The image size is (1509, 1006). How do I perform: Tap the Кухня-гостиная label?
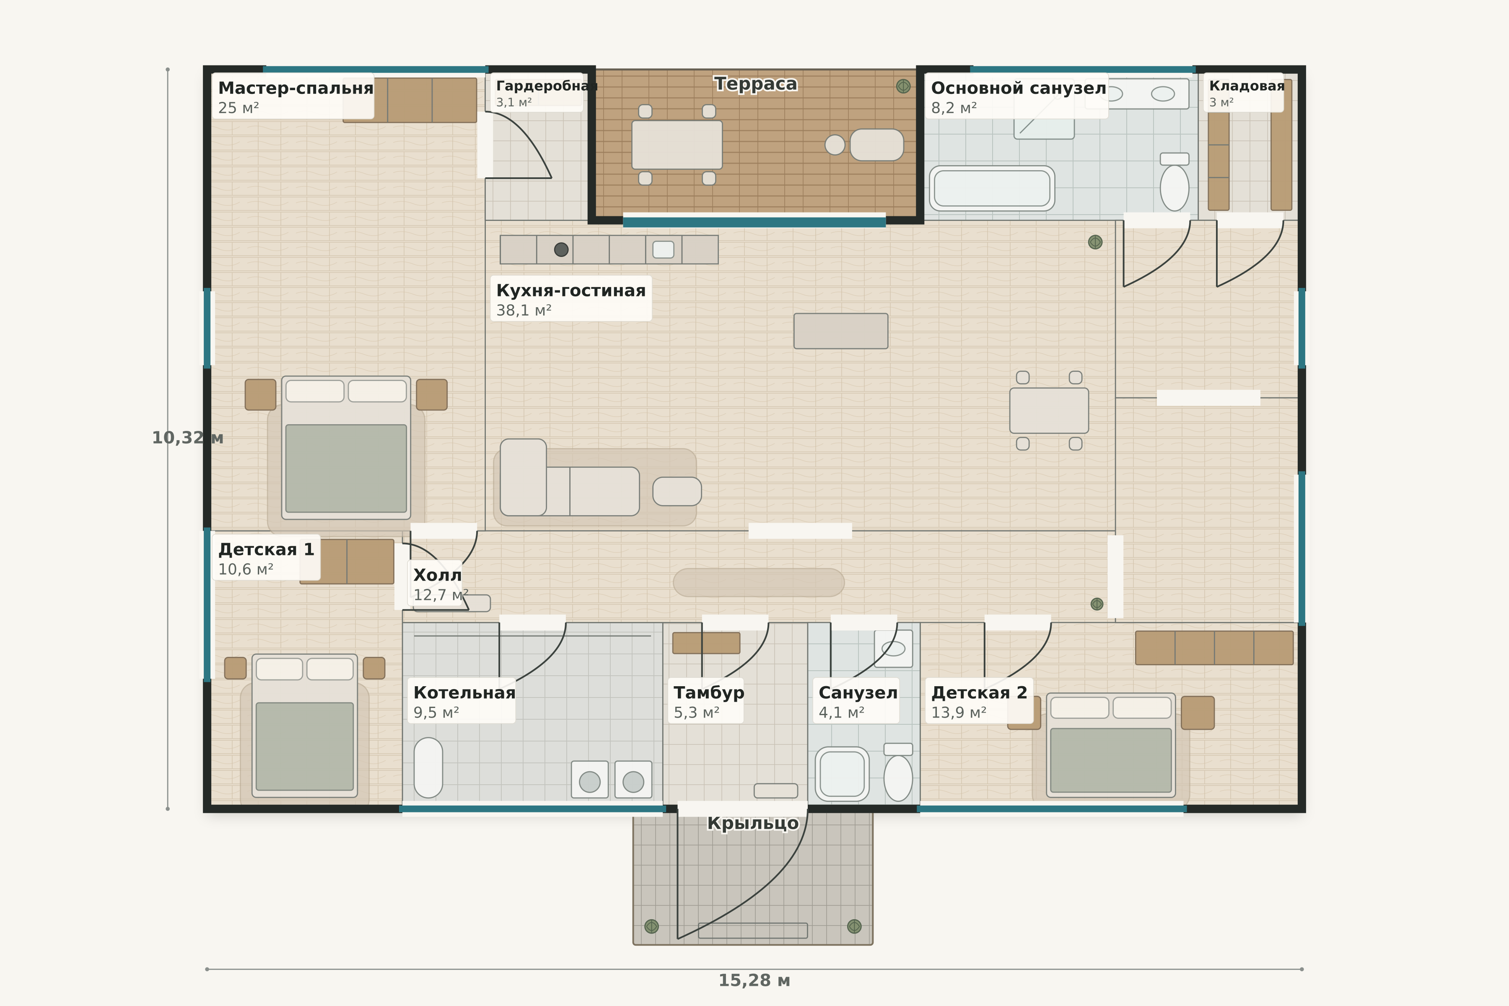click(x=571, y=290)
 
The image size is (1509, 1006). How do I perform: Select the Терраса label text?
click(x=756, y=84)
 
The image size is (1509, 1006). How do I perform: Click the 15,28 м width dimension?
click(x=754, y=980)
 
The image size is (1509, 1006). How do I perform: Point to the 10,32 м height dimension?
click(x=187, y=438)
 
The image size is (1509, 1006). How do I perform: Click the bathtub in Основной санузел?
click(x=992, y=188)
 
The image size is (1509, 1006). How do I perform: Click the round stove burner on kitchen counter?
click(x=561, y=249)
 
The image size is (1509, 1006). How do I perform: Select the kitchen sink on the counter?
click(x=664, y=249)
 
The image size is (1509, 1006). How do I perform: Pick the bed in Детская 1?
click(x=305, y=726)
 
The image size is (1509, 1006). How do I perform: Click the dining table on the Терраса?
click(x=677, y=145)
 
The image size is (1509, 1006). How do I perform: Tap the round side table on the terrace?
click(x=835, y=145)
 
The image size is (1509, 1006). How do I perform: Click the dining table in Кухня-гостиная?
click(x=1049, y=411)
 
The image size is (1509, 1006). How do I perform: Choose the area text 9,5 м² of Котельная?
click(x=436, y=713)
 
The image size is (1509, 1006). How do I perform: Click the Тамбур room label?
click(x=709, y=693)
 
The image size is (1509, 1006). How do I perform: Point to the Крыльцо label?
click(x=753, y=823)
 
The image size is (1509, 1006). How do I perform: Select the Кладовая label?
click(x=1247, y=86)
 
